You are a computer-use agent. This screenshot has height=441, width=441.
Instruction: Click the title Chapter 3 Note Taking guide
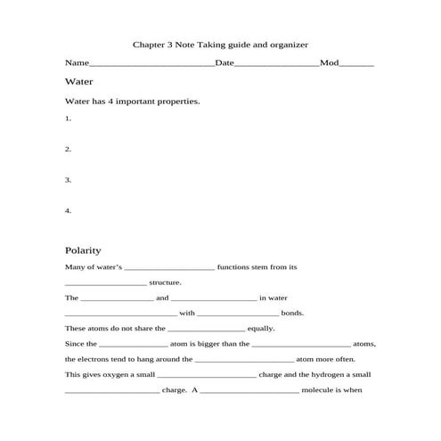click(x=220, y=44)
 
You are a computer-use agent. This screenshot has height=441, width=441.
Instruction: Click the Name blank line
click(x=152, y=65)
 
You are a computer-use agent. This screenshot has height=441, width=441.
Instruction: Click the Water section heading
click(x=79, y=81)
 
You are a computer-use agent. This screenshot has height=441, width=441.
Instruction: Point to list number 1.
click(x=68, y=118)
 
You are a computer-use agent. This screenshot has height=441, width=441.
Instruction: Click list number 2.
click(x=68, y=149)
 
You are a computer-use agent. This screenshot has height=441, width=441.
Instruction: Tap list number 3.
click(x=68, y=180)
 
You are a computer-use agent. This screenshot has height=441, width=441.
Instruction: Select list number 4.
click(x=68, y=211)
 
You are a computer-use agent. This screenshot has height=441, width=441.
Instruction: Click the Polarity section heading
click(x=83, y=250)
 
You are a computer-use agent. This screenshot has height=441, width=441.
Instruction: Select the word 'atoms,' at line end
click(x=364, y=344)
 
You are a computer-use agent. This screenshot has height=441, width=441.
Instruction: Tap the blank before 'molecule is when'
click(x=249, y=390)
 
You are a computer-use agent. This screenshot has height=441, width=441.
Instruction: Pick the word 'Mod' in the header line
click(x=330, y=63)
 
